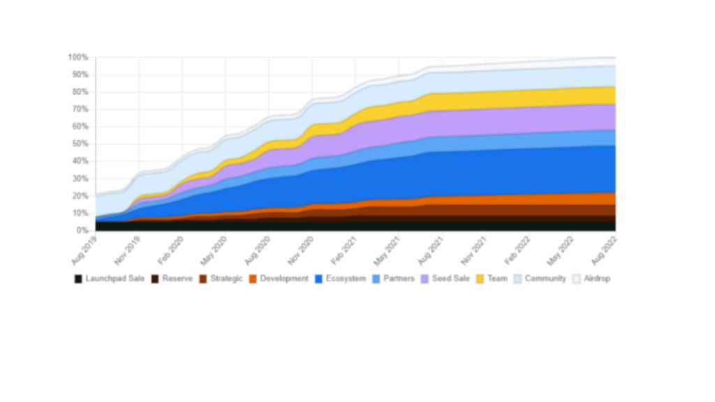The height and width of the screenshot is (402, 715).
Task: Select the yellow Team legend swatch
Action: point(480,278)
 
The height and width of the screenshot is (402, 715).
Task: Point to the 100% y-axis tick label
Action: point(78,57)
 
